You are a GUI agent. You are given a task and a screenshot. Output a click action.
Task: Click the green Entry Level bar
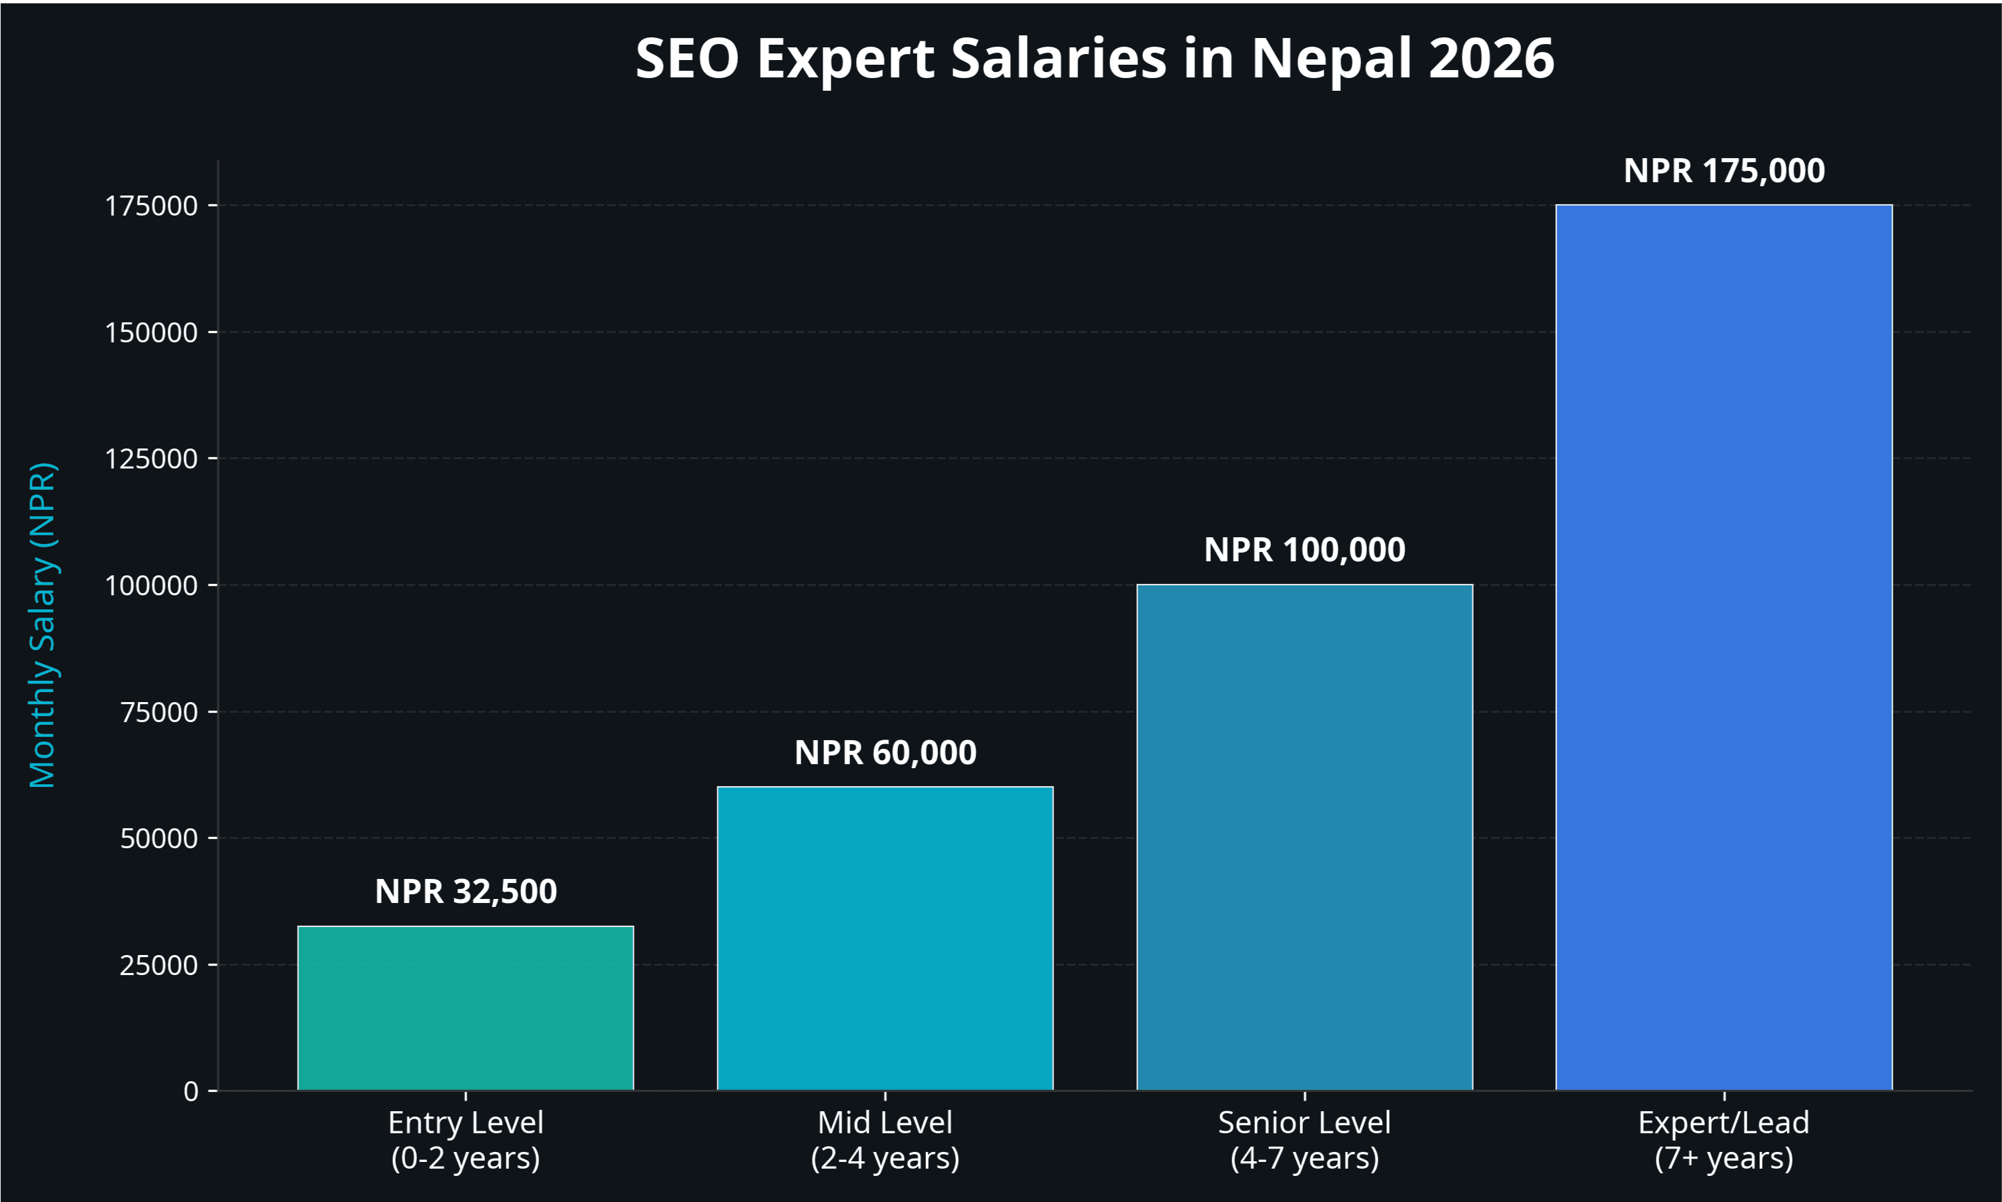pyautogui.click(x=466, y=1008)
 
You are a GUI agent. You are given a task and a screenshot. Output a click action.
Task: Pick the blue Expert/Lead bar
pyautogui.click(x=1724, y=648)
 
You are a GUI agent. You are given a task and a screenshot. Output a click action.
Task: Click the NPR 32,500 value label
pyautogui.click(x=466, y=892)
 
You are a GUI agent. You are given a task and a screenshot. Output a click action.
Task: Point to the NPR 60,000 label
pyautogui.click(x=885, y=752)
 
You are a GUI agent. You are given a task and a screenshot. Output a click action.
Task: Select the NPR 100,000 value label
pyautogui.click(x=1304, y=550)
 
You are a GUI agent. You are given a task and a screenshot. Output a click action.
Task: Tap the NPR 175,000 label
pyautogui.click(x=1724, y=171)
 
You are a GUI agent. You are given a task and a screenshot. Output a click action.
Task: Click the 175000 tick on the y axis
pyautogui.click(x=151, y=206)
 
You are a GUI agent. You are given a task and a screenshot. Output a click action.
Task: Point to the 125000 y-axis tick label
pyautogui.click(x=151, y=459)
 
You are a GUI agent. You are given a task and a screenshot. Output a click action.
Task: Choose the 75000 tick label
pyautogui.click(x=159, y=712)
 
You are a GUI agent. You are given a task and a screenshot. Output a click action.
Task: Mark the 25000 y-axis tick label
pyautogui.click(x=159, y=964)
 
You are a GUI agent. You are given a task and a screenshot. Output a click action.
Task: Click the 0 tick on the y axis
pyautogui.click(x=191, y=1092)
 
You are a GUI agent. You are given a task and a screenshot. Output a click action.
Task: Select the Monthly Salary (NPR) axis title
pyautogui.click(x=42, y=625)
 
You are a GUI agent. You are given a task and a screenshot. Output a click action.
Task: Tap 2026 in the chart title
pyautogui.click(x=1491, y=58)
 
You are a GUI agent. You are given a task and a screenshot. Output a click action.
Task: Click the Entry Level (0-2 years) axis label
pyautogui.click(x=466, y=1140)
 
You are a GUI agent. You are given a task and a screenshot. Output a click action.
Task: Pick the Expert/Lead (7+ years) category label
pyautogui.click(x=1724, y=1140)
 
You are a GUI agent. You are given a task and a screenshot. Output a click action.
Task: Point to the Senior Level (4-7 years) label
pyautogui.click(x=1304, y=1140)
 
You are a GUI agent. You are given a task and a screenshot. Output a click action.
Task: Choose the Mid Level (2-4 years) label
pyautogui.click(x=885, y=1140)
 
